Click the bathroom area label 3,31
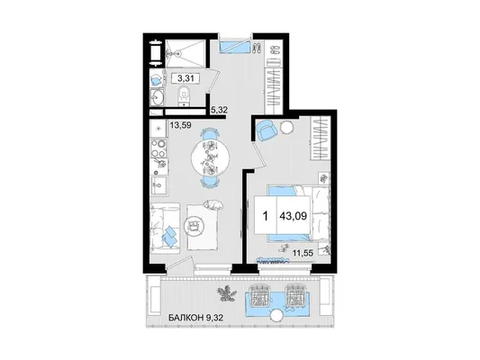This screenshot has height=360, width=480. tap(186, 78)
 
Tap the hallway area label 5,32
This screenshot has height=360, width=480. tap(219, 110)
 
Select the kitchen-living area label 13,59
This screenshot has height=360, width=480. tap(181, 125)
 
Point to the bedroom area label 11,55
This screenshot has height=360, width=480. tap(303, 253)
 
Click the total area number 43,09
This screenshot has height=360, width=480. tap(293, 216)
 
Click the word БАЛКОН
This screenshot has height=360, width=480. tap(186, 318)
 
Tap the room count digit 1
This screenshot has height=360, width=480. tap(266, 216)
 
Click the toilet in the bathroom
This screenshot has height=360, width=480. tap(184, 95)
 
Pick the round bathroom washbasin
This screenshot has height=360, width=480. tap(158, 98)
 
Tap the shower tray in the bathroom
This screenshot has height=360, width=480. tap(186, 53)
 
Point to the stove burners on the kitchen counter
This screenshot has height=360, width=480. tap(158, 148)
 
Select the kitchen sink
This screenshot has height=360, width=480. tap(158, 184)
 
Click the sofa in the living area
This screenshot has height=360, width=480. tap(165, 229)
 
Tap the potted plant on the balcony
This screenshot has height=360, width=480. tap(227, 293)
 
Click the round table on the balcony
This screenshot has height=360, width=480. tap(277, 316)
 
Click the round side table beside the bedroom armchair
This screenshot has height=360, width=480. tap(287, 127)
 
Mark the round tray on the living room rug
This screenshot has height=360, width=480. tap(194, 226)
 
